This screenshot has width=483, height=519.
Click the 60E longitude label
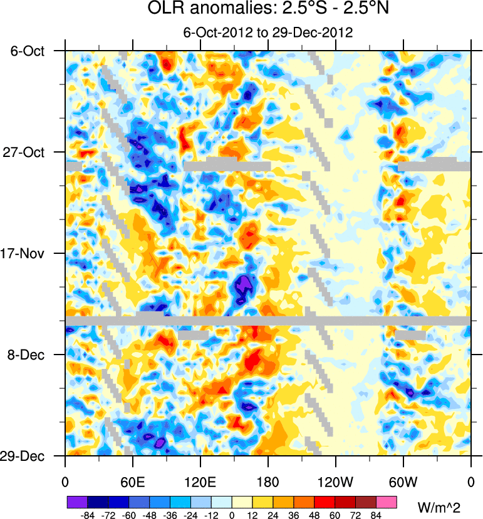(133, 481)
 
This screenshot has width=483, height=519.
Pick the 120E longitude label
(200, 481)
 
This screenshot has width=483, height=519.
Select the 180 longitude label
(268, 481)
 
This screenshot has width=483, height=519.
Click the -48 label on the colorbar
(149, 515)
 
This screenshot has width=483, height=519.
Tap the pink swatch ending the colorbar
(387, 502)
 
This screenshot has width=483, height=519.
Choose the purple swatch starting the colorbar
(76, 502)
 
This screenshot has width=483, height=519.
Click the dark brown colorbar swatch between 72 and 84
(366, 502)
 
